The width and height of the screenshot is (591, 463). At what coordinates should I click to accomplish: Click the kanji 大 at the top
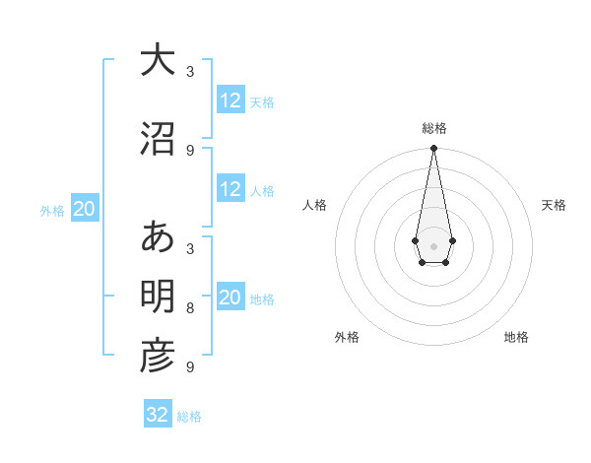click(x=157, y=61)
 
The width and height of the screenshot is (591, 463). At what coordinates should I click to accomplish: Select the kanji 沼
click(x=157, y=139)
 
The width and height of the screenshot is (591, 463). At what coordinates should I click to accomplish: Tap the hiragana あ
click(x=157, y=238)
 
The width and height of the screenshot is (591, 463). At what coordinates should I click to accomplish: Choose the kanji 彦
click(x=157, y=357)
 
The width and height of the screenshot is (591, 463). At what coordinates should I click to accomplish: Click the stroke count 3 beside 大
click(x=190, y=72)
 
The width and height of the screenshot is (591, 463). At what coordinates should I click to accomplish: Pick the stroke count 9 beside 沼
click(x=190, y=150)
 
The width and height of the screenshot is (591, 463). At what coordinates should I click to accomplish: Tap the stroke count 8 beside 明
click(x=190, y=308)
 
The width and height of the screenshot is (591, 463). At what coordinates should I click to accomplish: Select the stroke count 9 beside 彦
click(x=190, y=367)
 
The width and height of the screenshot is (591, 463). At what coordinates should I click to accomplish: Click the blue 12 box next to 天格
click(x=230, y=100)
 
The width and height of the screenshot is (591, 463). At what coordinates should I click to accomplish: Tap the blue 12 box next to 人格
click(x=230, y=189)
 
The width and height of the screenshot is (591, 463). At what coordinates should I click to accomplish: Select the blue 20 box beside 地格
click(x=230, y=298)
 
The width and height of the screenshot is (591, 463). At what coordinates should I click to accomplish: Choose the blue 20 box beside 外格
click(x=84, y=209)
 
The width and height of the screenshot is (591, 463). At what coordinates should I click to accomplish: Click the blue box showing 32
click(x=158, y=415)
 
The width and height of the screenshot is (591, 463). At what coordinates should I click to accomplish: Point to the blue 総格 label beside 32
click(x=189, y=417)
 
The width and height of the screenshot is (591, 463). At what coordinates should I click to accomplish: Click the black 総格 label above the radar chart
click(x=433, y=128)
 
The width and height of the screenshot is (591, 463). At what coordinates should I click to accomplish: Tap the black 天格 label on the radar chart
click(x=555, y=205)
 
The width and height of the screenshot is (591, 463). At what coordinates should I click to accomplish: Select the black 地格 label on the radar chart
click(x=516, y=337)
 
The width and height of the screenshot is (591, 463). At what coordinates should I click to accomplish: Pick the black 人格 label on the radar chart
click(x=315, y=205)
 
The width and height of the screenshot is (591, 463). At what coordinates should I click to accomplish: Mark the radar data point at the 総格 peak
click(x=433, y=149)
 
